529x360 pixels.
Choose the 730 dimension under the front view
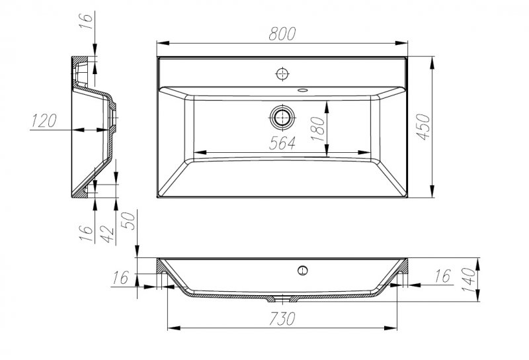coord(282,318)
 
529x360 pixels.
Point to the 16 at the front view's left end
coord(118,277)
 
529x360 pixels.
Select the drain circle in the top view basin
coord(283,117)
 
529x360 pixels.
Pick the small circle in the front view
coord(302,269)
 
